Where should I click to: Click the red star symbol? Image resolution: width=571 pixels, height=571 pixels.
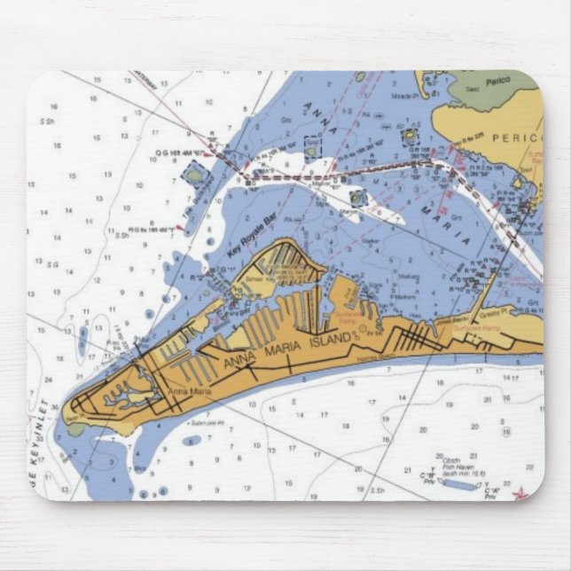(520, 493)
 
